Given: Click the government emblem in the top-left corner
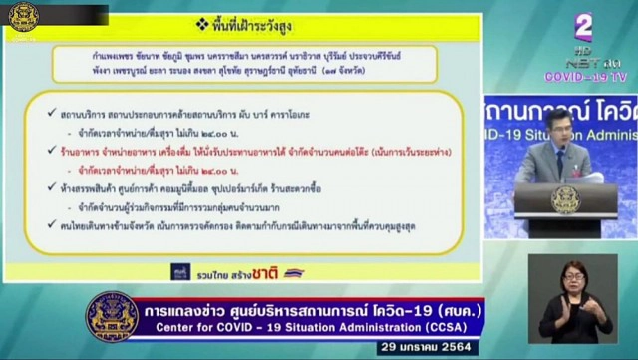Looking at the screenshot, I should coord(23,17).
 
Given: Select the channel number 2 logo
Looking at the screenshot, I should coord(583,27).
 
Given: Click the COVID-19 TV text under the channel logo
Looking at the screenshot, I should coord(585,76).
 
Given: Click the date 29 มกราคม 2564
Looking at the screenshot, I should coord(436,348).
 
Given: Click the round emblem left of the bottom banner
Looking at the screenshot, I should coord(112,316).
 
